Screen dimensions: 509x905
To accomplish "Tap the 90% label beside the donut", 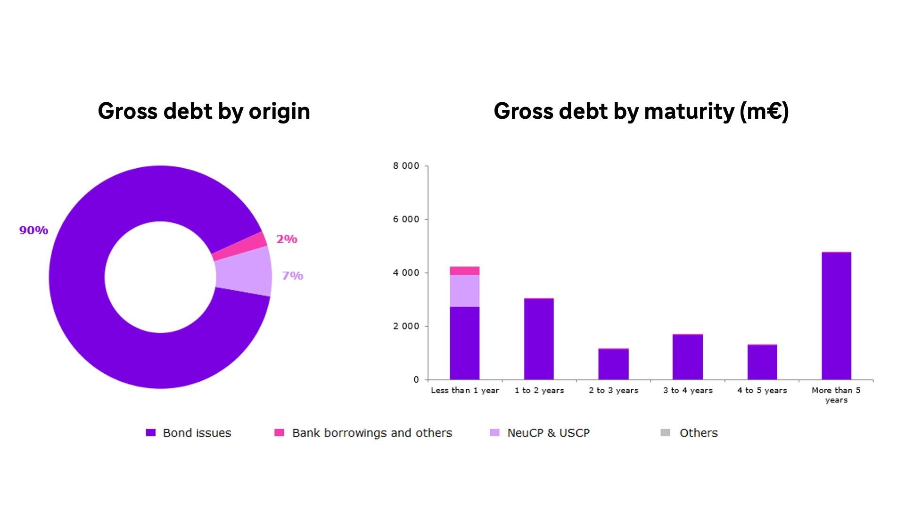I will click(33, 230).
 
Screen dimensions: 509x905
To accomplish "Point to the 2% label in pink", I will click(287, 239).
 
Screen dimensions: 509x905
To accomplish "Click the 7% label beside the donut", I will click(292, 276).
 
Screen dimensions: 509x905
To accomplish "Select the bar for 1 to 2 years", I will click(539, 339).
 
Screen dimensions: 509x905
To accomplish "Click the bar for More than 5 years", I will click(836, 316).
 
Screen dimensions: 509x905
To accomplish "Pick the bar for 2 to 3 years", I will click(613, 364).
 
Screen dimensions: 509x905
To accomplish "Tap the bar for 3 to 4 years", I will click(688, 357).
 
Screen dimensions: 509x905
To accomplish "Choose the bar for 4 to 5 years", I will click(762, 362).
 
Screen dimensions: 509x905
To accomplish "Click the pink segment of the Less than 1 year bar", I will click(465, 271).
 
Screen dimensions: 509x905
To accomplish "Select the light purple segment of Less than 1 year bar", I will click(465, 291).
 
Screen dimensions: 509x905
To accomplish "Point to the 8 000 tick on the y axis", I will click(406, 166).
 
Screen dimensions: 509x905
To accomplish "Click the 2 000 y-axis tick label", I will click(406, 326).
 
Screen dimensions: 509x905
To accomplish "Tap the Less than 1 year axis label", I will click(465, 390).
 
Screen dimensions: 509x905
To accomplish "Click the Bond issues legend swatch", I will click(151, 433).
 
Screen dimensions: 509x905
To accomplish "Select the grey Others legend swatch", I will click(665, 433).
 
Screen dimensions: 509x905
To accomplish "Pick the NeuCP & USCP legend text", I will click(548, 433).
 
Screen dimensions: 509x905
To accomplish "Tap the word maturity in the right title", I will click(690, 111).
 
